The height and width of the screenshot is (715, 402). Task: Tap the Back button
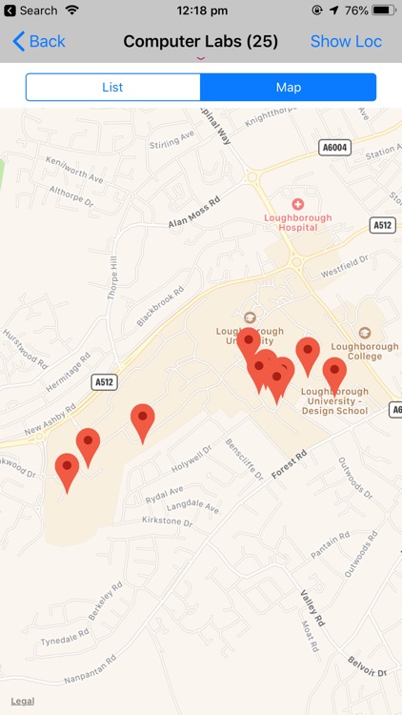click(x=39, y=42)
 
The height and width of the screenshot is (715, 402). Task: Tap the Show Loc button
click(x=346, y=42)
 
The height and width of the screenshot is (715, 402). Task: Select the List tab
click(x=112, y=87)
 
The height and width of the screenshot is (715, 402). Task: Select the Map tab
click(x=289, y=87)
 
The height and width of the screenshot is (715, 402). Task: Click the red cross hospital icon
click(x=298, y=204)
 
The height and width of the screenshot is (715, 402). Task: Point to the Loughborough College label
click(x=365, y=350)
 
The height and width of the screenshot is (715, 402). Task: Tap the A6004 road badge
click(x=333, y=148)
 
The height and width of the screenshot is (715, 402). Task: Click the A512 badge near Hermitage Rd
click(x=105, y=381)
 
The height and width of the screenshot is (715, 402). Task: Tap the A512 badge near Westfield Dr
click(x=383, y=225)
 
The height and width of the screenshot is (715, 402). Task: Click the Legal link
click(x=23, y=701)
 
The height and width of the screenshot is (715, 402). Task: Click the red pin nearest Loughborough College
click(x=334, y=374)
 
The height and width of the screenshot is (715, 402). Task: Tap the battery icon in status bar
click(x=384, y=10)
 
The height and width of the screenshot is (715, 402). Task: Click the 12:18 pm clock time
click(x=200, y=10)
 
